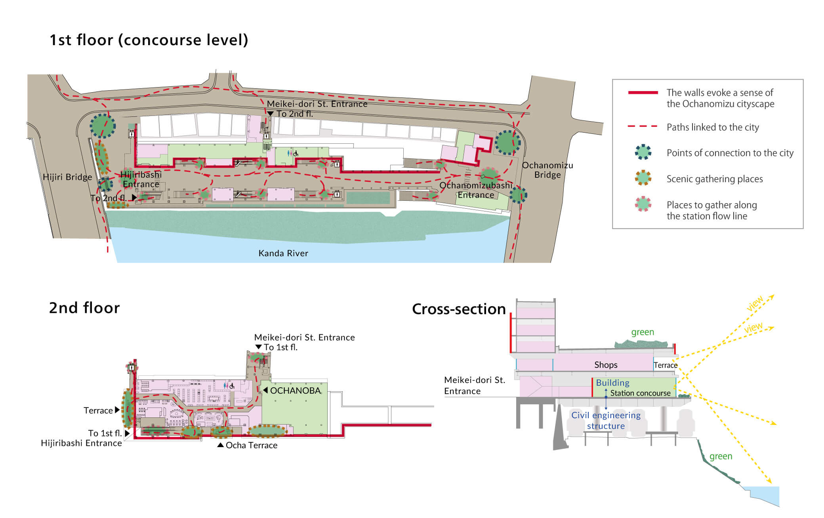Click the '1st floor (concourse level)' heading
(x=149, y=40)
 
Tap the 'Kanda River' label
(x=283, y=253)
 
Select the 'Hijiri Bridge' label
(x=67, y=177)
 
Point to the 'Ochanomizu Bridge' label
(x=547, y=170)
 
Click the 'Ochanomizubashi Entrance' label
(x=476, y=190)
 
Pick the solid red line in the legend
(x=643, y=93)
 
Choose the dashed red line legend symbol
(x=643, y=127)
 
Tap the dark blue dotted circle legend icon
(x=643, y=152)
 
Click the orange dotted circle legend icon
(x=643, y=178)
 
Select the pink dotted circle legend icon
(x=643, y=204)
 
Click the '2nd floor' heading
(x=84, y=308)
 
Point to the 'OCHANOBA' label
(x=295, y=390)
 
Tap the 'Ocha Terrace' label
(x=251, y=445)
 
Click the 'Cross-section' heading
(x=459, y=309)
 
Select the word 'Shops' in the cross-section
(x=605, y=365)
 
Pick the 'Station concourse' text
(x=640, y=393)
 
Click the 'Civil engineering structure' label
(x=606, y=420)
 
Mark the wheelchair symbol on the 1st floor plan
(x=296, y=153)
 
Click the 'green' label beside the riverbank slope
(x=721, y=456)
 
